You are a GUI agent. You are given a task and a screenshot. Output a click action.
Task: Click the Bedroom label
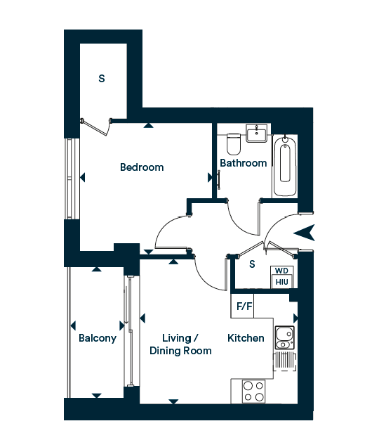(x=142, y=167)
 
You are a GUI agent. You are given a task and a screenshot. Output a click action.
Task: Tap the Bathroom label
(x=244, y=163)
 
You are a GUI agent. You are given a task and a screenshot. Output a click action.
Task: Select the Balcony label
(x=98, y=338)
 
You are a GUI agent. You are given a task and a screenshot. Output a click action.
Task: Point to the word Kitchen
(x=246, y=338)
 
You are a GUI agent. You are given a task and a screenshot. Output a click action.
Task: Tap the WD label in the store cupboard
(x=281, y=271)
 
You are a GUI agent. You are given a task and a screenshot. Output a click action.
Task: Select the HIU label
(x=281, y=282)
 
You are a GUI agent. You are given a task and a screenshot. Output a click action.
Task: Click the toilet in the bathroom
(x=234, y=144)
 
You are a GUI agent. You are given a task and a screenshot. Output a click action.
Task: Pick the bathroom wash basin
(x=257, y=134)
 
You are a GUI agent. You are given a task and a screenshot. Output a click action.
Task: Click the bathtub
(x=285, y=166)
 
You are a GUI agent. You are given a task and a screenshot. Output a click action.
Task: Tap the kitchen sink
(x=285, y=338)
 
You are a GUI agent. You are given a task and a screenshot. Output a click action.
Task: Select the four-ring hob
(x=253, y=391)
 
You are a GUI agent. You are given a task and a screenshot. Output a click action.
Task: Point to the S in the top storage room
(x=102, y=79)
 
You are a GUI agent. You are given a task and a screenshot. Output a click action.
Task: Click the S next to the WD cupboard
(x=252, y=264)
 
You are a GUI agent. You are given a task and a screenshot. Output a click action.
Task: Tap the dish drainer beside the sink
(x=285, y=361)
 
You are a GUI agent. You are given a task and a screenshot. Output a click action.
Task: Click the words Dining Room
(x=180, y=351)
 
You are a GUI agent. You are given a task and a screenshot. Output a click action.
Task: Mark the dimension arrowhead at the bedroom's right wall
(x=210, y=178)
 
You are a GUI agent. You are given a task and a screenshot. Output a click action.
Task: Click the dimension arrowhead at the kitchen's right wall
(x=295, y=318)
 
